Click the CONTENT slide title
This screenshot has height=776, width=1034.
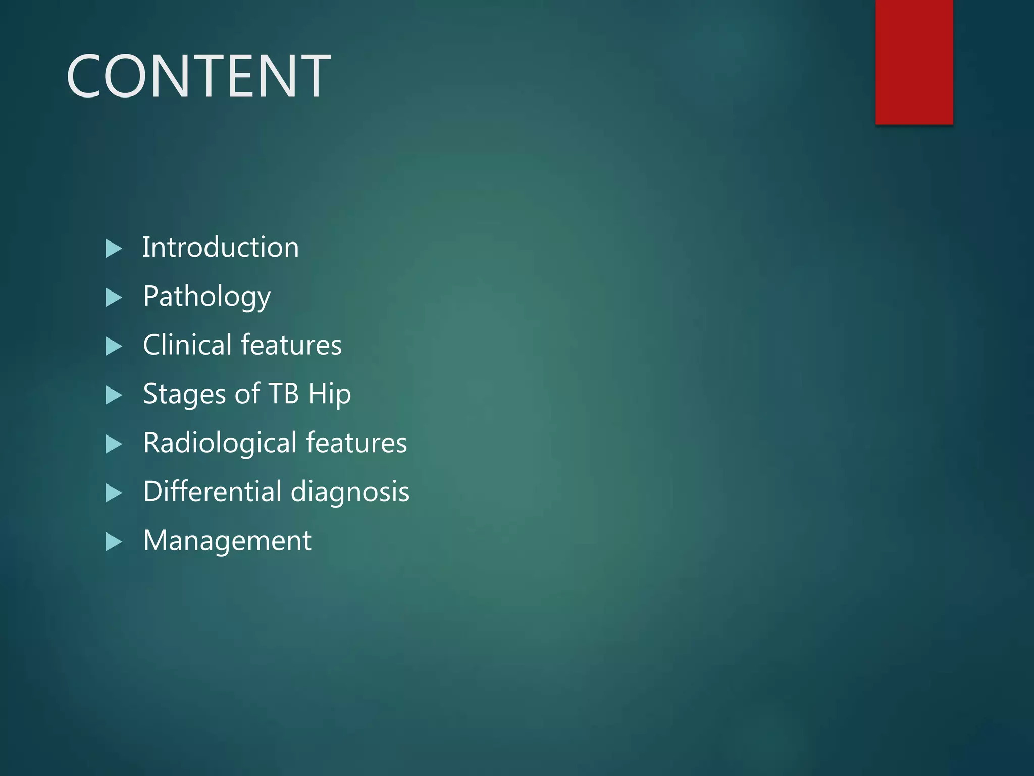tap(198, 76)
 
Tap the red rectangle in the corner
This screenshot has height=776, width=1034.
tap(914, 62)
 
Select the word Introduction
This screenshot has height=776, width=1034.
tap(221, 248)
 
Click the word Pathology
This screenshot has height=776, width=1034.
tap(207, 296)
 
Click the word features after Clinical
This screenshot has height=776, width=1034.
tap(291, 345)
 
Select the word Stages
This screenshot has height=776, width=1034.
tap(184, 394)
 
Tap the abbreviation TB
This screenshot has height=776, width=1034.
tap(283, 394)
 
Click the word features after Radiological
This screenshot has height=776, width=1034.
tap(356, 443)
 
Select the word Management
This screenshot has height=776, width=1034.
tap(227, 541)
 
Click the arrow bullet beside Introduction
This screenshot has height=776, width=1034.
tap(114, 249)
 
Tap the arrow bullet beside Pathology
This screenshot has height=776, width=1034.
tap(114, 298)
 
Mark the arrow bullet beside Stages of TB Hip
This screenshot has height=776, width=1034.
tap(114, 395)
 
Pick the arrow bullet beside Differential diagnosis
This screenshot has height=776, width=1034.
tap(114, 493)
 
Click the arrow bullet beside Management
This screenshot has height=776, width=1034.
tap(114, 542)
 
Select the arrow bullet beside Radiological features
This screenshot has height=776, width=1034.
tap(114, 444)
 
